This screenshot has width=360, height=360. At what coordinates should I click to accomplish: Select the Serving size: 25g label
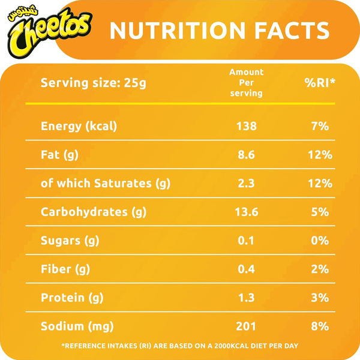click(93, 83)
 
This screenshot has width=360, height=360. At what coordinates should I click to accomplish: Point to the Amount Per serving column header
click(246, 83)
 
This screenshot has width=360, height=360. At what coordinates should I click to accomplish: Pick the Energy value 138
click(246, 126)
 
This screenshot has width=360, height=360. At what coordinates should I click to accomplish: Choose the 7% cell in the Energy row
click(319, 126)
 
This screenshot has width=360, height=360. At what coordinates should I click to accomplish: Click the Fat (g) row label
click(59, 155)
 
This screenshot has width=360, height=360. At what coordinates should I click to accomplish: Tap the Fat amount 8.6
click(246, 155)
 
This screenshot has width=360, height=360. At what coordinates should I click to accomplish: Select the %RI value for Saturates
click(319, 184)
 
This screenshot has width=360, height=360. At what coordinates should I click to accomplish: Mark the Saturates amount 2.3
click(246, 184)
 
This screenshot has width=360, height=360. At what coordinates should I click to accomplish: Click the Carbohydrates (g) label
click(94, 212)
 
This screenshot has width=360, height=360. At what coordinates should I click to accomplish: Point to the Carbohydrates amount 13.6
click(246, 212)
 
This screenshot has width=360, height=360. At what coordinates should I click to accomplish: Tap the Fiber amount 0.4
click(246, 269)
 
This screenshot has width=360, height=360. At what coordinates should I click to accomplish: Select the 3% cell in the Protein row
click(319, 298)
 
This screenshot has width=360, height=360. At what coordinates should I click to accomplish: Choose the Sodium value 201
click(246, 326)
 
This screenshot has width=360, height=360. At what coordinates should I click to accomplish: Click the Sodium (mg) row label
click(77, 326)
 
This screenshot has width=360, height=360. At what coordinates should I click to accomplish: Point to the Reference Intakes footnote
click(180, 346)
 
